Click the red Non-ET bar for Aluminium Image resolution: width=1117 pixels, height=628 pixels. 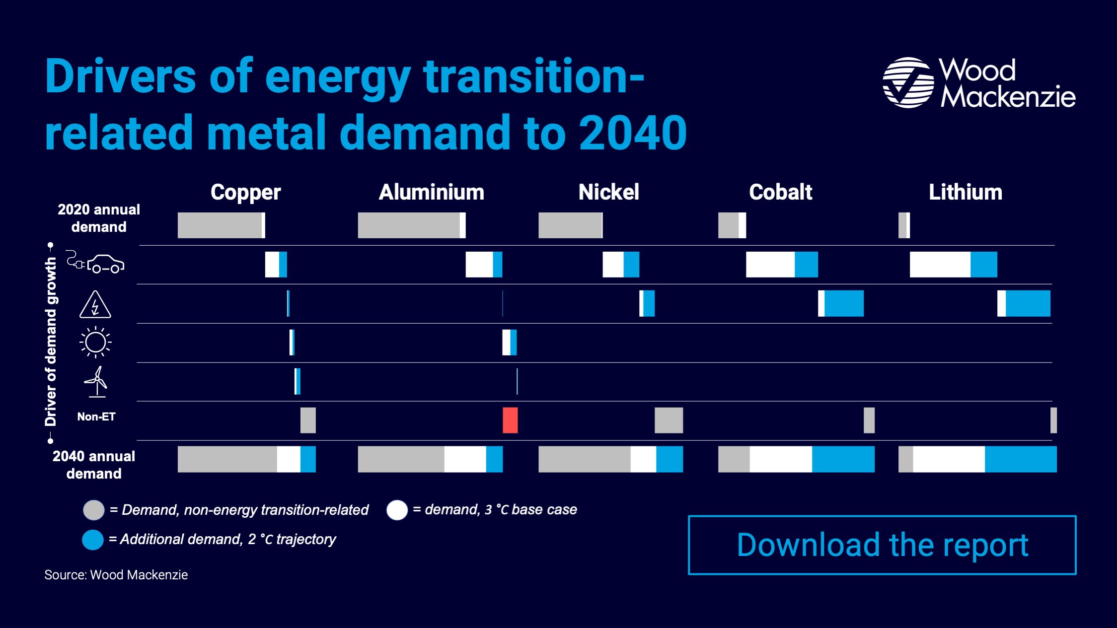click(x=510, y=420)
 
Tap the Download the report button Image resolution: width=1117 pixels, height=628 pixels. click(x=882, y=545)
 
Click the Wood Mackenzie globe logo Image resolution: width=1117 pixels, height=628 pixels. click(x=908, y=82)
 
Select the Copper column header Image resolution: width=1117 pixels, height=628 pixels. click(x=245, y=193)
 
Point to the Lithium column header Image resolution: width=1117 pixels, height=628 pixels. click(x=966, y=192)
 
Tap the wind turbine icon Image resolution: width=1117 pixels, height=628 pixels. click(x=96, y=382)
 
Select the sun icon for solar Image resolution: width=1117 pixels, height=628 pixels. click(x=95, y=342)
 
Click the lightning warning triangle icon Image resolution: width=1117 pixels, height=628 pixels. click(x=95, y=304)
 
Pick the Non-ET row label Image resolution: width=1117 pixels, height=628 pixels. click(x=96, y=417)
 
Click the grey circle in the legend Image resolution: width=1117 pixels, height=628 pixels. click(x=93, y=510)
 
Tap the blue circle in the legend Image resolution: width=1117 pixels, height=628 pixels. click(x=93, y=540)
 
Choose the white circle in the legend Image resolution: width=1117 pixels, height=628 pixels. click(x=397, y=510)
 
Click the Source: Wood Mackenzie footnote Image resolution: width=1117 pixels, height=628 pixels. click(x=116, y=575)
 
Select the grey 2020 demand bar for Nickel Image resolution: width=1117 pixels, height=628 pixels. click(x=570, y=225)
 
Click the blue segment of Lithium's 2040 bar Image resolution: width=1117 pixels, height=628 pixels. click(x=1021, y=459)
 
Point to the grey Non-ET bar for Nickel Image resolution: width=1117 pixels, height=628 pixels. click(x=669, y=420)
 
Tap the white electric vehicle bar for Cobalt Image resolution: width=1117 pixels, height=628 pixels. click(x=770, y=265)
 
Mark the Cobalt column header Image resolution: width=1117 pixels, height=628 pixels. click(x=781, y=192)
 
